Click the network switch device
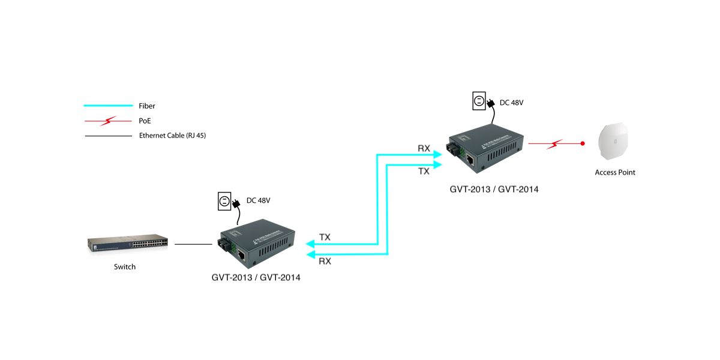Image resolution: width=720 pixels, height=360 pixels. [x=128, y=245]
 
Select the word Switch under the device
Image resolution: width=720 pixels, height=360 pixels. [x=125, y=267]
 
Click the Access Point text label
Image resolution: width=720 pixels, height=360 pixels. [x=615, y=172]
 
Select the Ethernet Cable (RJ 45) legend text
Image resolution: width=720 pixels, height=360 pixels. [x=173, y=136]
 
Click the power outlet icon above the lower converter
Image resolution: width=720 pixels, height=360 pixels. [x=224, y=201]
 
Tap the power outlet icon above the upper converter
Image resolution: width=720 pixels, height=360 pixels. [x=479, y=102]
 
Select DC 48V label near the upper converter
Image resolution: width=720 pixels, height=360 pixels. [x=512, y=103]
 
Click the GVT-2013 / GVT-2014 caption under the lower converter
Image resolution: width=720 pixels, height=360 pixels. [x=256, y=278]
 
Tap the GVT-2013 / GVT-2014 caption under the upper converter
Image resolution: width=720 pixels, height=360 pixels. [x=494, y=189]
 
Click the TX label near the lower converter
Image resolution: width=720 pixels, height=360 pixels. [x=325, y=237]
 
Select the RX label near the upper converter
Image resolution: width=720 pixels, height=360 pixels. [x=424, y=148]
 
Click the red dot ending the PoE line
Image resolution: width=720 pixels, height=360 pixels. [x=583, y=144]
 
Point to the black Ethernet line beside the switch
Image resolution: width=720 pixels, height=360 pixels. [x=193, y=244]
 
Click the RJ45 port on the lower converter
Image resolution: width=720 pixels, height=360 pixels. [x=241, y=256]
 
